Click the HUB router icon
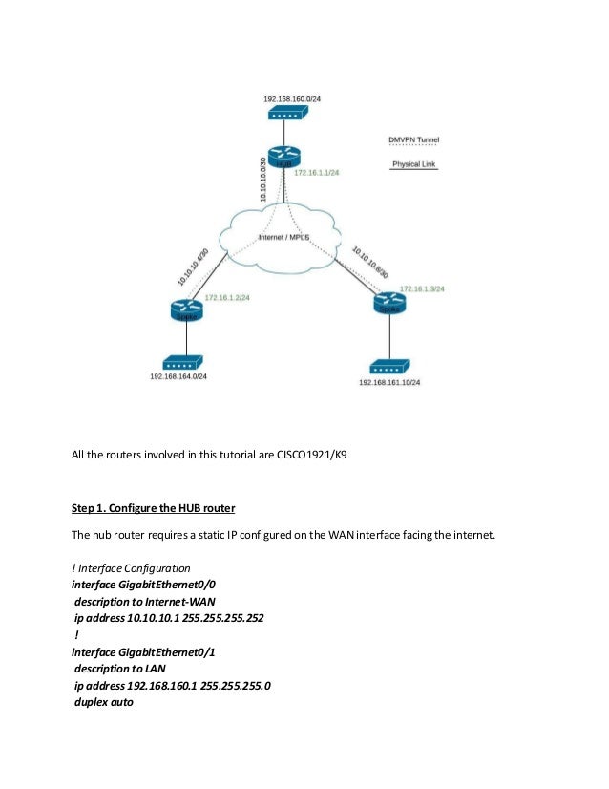pyautogui.click(x=283, y=159)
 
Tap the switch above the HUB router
pyautogui.click(x=285, y=115)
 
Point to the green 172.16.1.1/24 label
pyautogui.click(x=318, y=173)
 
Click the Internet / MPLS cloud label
pyautogui.click(x=284, y=236)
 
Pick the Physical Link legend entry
pyautogui.click(x=414, y=164)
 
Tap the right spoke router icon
pyautogui.click(x=389, y=303)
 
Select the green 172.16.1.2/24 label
pyautogui.click(x=227, y=297)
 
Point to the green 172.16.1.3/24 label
pyautogui.click(x=422, y=288)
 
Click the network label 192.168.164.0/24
pyautogui.click(x=178, y=376)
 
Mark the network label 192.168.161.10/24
pyautogui.click(x=389, y=382)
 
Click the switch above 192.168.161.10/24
pyautogui.click(x=389, y=366)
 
